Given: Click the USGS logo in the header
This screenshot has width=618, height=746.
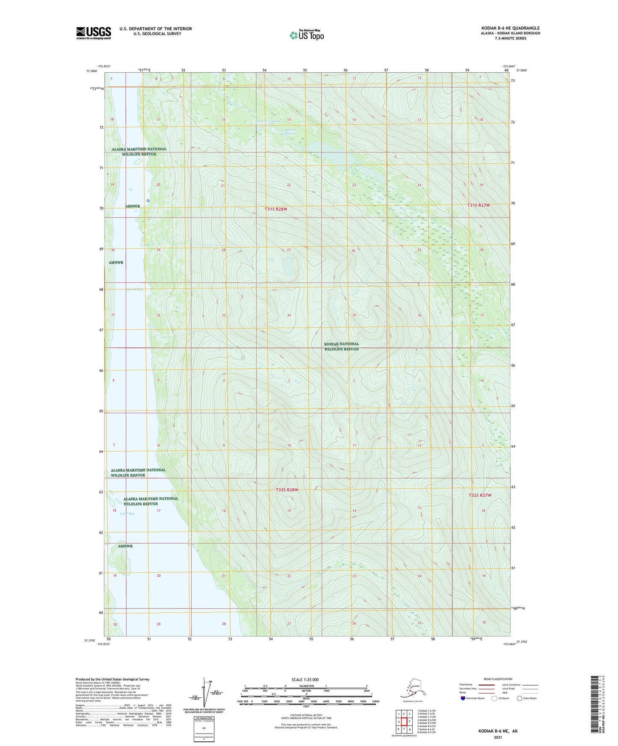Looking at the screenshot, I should coord(94,33).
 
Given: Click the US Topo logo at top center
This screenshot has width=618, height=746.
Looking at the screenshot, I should coord(307,35).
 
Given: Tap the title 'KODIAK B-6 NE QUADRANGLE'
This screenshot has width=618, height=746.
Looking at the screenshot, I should coord(510,28).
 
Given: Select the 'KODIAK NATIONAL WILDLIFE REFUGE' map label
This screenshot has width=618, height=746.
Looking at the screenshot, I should coord(341,347).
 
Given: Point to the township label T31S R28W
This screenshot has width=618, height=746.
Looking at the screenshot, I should coord(276,209).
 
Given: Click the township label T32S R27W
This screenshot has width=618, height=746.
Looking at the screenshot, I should coord(480,495).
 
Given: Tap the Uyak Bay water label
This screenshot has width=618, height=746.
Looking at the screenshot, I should coord(127,513).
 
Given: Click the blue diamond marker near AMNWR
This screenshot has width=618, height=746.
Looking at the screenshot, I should coord(148,201).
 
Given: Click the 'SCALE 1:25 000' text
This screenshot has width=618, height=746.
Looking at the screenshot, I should coord(305,680).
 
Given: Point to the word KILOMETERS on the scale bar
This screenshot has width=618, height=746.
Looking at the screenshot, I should coord(305,686).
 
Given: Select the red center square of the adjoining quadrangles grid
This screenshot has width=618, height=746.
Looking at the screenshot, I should coord(404,722).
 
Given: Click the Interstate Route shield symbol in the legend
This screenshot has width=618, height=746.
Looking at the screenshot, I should coord(463,698).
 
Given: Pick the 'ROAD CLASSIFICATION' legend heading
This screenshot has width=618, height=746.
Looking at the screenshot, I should coord(498,679).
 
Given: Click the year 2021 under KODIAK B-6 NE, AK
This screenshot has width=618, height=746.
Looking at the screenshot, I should coord(497,737).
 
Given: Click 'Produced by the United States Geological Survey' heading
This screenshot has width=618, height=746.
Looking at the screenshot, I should coord(112,679).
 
